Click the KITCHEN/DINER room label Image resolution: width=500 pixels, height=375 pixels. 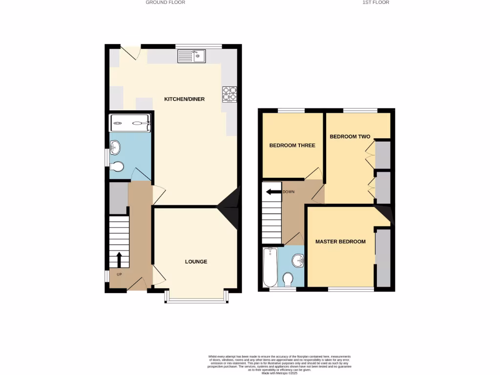[184, 99]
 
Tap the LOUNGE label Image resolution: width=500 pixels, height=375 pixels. [196, 262]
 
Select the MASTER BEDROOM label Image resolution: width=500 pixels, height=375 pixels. [340, 242]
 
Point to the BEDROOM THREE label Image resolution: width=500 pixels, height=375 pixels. [292, 146]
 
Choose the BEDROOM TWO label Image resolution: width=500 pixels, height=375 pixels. [350, 137]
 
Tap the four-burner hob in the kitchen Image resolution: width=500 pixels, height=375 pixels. [229, 94]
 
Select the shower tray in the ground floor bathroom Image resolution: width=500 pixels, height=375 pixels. [130, 123]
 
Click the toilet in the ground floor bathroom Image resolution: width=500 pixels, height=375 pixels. [116, 167]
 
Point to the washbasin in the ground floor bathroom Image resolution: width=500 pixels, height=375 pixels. [115, 146]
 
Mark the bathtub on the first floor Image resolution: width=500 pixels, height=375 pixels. [270, 268]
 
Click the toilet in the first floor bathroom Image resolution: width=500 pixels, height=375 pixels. [288, 279]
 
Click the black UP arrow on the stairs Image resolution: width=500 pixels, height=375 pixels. [119, 260]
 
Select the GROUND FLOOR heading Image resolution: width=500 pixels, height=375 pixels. [166, 2]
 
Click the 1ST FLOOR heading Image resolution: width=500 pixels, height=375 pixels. [375, 2]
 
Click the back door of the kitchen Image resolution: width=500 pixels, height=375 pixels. [130, 53]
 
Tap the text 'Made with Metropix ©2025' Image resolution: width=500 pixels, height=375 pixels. [279, 373]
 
